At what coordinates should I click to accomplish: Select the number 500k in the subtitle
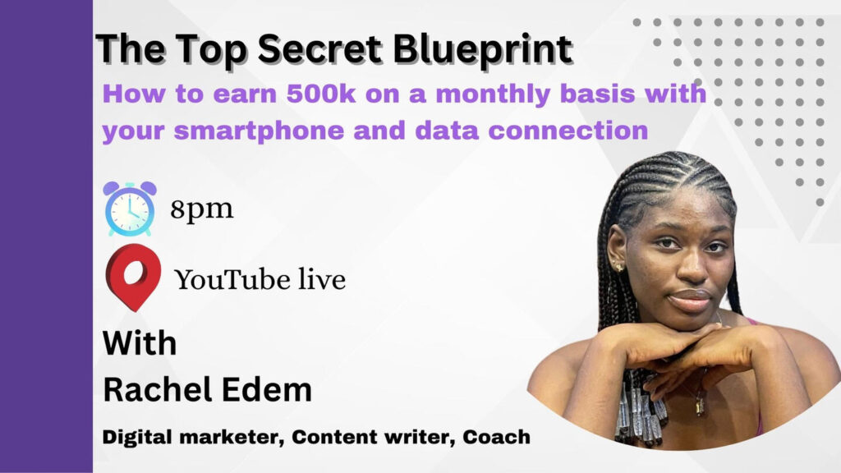[321, 94]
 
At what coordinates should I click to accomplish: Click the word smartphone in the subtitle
[259, 131]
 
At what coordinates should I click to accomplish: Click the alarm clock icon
[130, 209]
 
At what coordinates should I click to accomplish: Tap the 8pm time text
[202, 209]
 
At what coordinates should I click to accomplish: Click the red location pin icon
[134, 278]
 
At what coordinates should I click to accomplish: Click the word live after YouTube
[322, 279]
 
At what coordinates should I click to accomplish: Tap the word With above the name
[140, 343]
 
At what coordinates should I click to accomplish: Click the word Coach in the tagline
[496, 437]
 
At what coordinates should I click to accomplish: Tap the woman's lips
[692, 300]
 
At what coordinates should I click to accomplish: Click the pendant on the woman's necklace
[700, 406]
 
